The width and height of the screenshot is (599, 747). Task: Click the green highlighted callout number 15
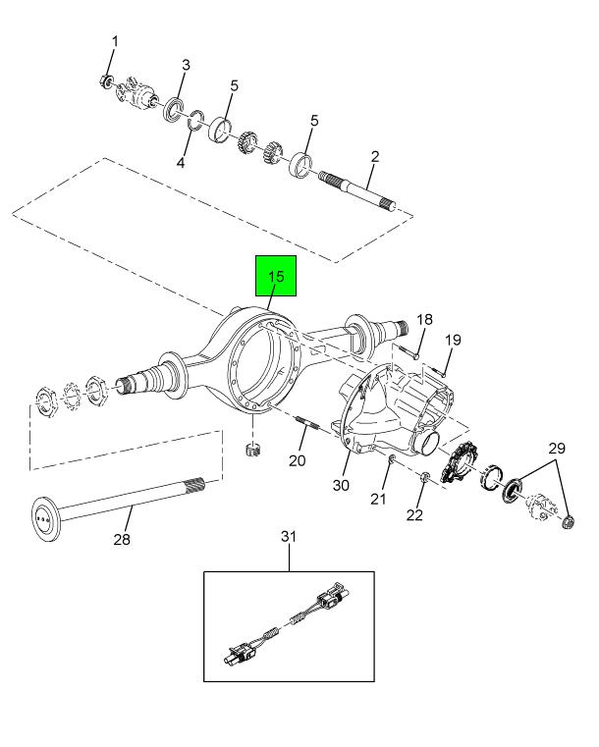coord(276,276)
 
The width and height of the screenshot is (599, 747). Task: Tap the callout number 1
coord(114,41)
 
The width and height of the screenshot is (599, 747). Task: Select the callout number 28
coord(122,539)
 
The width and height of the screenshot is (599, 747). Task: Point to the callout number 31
coord(289,536)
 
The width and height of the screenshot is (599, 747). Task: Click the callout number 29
coord(557,449)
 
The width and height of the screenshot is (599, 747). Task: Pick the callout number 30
coord(341,485)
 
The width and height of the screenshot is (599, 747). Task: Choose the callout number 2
coord(375,156)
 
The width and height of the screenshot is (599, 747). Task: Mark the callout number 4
coord(180,162)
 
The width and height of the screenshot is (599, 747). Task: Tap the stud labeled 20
coord(306,423)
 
